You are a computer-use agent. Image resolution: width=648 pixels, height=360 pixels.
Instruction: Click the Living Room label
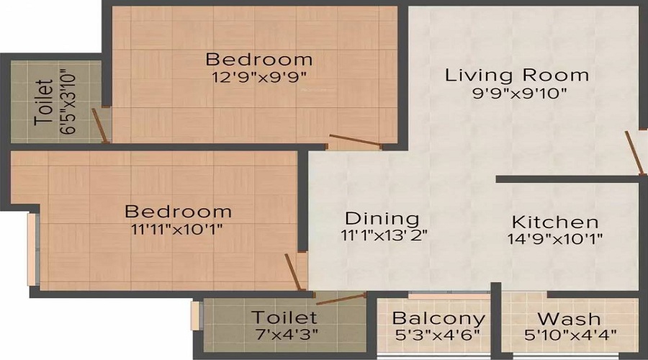516,75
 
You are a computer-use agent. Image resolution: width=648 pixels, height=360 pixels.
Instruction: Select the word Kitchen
554,222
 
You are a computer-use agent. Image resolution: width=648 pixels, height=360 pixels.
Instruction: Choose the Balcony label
438,318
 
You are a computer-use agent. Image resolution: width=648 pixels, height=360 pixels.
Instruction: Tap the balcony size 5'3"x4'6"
437,335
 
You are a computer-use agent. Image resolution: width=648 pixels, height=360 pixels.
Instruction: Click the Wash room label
569,318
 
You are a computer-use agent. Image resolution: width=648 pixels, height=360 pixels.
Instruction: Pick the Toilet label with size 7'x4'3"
284,318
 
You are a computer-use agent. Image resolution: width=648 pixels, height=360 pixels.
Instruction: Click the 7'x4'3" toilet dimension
284,335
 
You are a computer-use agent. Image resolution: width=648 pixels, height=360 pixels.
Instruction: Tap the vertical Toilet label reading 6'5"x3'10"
44,102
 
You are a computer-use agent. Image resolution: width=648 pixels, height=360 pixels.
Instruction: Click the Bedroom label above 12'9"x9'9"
259,59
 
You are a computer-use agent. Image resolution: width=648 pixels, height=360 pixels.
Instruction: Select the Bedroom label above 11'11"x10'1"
178,212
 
